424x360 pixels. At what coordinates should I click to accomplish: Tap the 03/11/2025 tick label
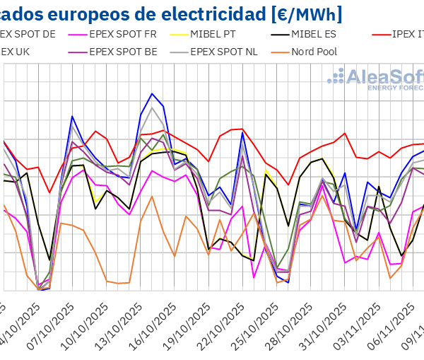358,328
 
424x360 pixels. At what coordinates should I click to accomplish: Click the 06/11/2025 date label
392,328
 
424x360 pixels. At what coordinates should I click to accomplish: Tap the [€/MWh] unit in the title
305,12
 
